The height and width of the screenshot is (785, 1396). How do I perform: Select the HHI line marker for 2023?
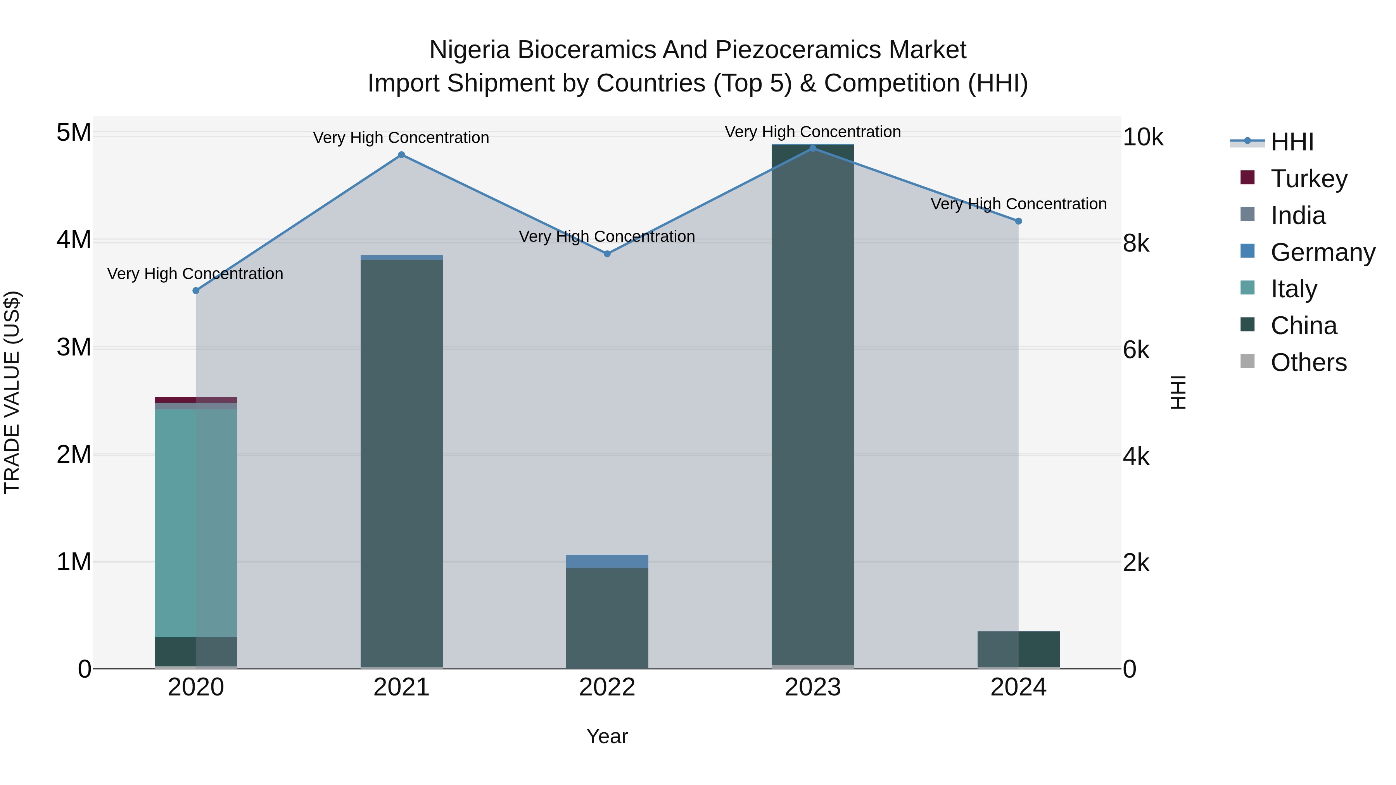(x=812, y=148)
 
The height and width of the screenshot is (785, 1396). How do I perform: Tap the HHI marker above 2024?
(x=1018, y=221)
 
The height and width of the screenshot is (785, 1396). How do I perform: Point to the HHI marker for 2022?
(x=607, y=254)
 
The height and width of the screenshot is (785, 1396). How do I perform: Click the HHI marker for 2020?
(x=196, y=290)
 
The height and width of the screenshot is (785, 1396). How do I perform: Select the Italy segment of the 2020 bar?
(x=196, y=523)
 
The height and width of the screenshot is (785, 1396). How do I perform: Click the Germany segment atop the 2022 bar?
(x=607, y=561)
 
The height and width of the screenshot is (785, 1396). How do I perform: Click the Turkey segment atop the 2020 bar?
(x=196, y=400)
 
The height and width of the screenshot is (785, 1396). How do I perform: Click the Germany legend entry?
(x=1322, y=252)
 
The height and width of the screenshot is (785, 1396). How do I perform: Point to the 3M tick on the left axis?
(x=74, y=347)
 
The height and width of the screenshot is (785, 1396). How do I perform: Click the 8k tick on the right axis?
(x=1136, y=244)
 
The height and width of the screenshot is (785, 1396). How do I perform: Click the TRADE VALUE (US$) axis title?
(x=12, y=392)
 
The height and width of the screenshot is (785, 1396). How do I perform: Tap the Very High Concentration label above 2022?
(x=607, y=237)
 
